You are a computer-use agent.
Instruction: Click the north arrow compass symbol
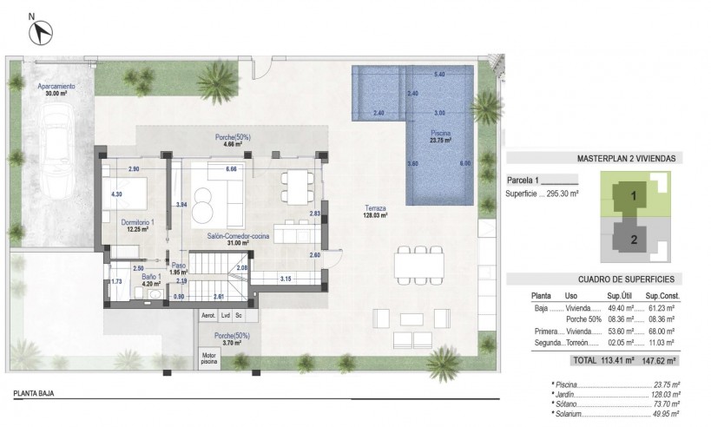pos(39,32)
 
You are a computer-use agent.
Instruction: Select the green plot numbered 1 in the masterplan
pos(634,196)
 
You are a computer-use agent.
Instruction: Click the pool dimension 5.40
pos(439,74)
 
